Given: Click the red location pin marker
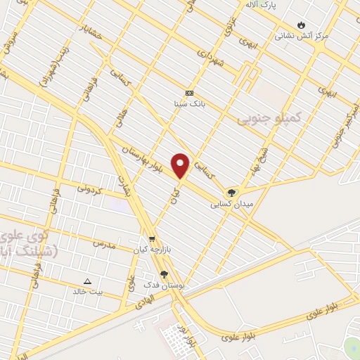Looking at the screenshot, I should pos(181,165).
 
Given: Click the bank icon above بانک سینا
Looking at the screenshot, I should pos(188,93).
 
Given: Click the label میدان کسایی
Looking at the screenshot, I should pos(230,205).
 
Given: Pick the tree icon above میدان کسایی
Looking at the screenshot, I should pos(231,193).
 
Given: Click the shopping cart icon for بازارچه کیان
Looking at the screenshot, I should pos(152,238).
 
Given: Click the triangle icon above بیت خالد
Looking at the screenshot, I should pos(88,280).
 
